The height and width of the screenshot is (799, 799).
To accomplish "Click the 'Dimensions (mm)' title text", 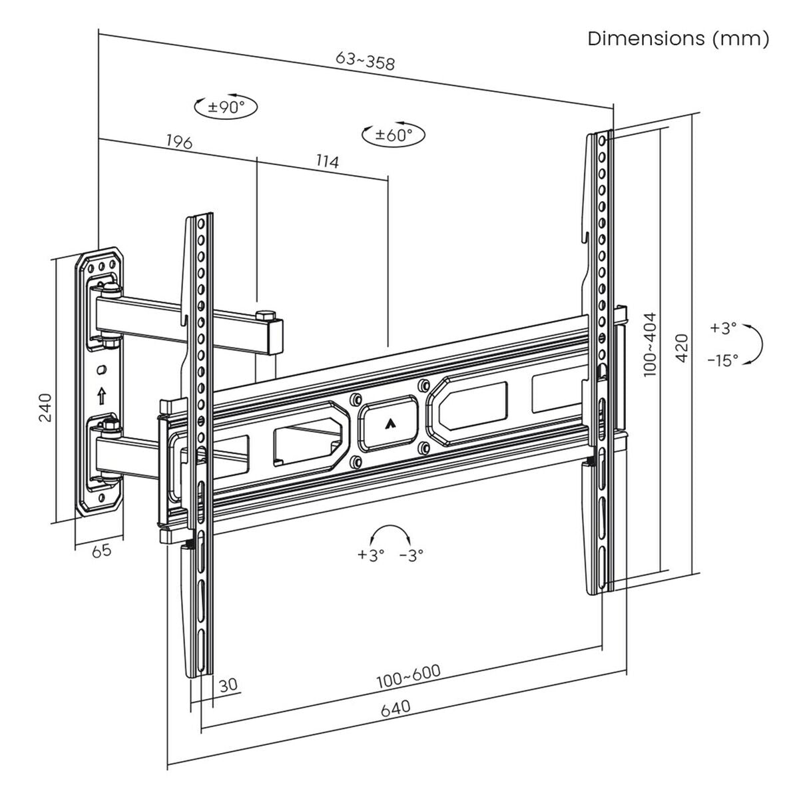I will click(x=678, y=39).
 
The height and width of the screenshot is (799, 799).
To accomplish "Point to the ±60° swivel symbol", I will click(x=394, y=134).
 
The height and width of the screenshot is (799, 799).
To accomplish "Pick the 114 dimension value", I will click(x=327, y=160).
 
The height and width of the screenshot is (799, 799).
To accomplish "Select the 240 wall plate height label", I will click(x=45, y=407).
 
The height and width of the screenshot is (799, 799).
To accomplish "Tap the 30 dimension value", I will click(x=227, y=684).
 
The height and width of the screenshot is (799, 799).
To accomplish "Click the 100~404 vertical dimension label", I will click(x=650, y=345).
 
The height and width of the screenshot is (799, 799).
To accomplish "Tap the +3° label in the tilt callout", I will click(x=723, y=328).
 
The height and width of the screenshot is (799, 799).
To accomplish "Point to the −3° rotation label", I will click(x=411, y=555).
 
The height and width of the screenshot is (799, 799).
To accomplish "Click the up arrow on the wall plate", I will click(x=101, y=396).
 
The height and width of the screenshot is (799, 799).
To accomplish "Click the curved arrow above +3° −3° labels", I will click(x=390, y=533).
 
